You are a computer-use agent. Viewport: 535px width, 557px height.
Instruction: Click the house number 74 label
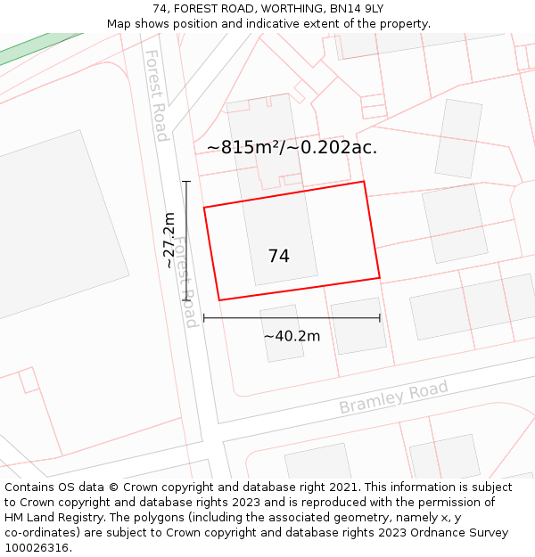[278, 256]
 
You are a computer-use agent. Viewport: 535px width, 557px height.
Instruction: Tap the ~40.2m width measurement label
[292, 336]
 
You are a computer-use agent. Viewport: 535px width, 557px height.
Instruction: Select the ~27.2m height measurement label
[169, 240]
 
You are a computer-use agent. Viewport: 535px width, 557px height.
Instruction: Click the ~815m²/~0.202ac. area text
[292, 147]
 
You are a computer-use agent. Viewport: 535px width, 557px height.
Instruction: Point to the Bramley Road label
[393, 397]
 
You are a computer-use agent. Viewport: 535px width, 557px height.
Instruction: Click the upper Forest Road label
[156, 95]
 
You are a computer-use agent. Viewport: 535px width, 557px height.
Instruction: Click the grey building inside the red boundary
[281, 236]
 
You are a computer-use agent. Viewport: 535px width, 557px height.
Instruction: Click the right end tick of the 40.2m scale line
[380, 317]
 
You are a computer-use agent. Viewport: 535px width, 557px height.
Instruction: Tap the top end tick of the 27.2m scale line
[186, 182]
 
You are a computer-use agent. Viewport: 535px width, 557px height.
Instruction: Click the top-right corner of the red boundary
[364, 182]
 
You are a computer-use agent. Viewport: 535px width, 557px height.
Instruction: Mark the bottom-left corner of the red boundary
[219, 300]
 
